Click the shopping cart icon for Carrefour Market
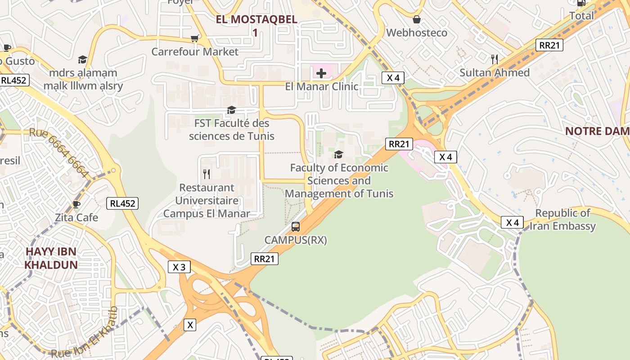click(x=194, y=39)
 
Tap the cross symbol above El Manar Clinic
click(x=321, y=73)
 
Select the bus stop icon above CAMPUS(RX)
click(x=296, y=227)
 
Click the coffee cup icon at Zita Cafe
click(x=76, y=205)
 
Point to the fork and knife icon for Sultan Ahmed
click(x=495, y=59)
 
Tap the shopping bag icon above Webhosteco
click(x=417, y=19)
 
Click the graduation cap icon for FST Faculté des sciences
click(x=231, y=110)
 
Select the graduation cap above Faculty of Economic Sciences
click(x=338, y=155)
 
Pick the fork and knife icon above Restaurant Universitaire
click(x=207, y=174)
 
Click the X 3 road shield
click(x=179, y=267)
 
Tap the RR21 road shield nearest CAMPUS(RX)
click(x=265, y=259)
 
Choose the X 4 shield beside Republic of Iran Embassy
click(x=513, y=222)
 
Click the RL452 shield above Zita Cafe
click(x=122, y=203)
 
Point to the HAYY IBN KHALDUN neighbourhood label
click(x=51, y=258)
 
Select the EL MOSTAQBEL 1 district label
click(x=256, y=26)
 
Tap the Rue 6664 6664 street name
click(x=59, y=153)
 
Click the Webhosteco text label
click(x=417, y=33)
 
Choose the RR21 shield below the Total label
click(x=549, y=45)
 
